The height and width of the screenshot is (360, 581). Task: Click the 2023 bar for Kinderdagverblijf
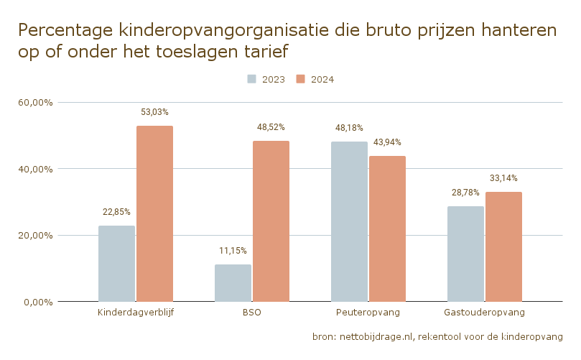click(117, 264)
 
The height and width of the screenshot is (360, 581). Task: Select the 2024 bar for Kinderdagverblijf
click(155, 214)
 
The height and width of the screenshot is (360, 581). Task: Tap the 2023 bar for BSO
click(233, 283)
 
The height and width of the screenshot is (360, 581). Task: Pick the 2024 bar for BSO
click(271, 221)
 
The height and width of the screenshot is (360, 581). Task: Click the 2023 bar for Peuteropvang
click(350, 222)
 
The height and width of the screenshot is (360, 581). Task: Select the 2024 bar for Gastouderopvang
click(504, 247)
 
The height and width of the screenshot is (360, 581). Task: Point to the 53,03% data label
click(154, 112)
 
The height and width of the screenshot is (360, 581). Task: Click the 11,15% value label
click(233, 251)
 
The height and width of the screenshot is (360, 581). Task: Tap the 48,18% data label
click(349, 128)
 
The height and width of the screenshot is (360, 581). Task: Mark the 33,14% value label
click(503, 178)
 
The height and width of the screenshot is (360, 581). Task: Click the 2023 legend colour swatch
click(251, 79)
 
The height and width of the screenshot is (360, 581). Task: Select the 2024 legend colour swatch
click(300, 79)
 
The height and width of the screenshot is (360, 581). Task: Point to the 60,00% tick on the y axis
click(36, 103)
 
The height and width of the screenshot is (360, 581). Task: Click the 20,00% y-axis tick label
click(36, 236)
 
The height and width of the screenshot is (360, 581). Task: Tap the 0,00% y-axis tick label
click(39, 303)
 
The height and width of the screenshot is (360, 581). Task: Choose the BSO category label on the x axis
click(252, 313)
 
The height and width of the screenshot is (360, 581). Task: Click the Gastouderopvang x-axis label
click(484, 313)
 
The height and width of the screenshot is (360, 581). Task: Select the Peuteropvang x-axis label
click(368, 313)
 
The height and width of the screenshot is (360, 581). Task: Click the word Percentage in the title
click(65, 30)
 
